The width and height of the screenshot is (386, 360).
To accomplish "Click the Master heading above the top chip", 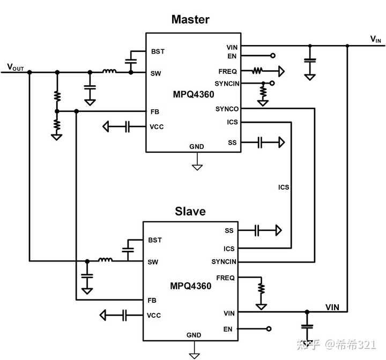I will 190,20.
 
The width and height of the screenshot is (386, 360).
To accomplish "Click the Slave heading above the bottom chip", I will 190,211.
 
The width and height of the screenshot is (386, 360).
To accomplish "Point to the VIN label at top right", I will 376,39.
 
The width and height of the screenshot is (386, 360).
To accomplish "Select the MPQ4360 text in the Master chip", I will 193,94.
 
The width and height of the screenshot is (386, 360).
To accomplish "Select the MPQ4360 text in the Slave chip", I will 191,286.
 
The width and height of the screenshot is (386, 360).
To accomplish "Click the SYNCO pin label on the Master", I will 227,109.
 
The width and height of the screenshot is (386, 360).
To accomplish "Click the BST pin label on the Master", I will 158,51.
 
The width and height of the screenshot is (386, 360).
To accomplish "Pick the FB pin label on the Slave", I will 152,300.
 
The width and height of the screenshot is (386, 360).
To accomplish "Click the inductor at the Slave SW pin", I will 105,261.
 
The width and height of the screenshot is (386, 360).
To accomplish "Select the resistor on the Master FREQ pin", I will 258,71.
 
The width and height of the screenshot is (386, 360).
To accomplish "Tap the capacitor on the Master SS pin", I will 259,142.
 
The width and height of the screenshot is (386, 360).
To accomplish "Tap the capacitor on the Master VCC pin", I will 127,127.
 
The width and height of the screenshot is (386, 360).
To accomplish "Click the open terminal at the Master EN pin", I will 273,56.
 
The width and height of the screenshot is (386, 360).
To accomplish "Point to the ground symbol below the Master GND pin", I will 197,166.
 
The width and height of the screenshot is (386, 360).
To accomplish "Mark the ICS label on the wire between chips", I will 284,187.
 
